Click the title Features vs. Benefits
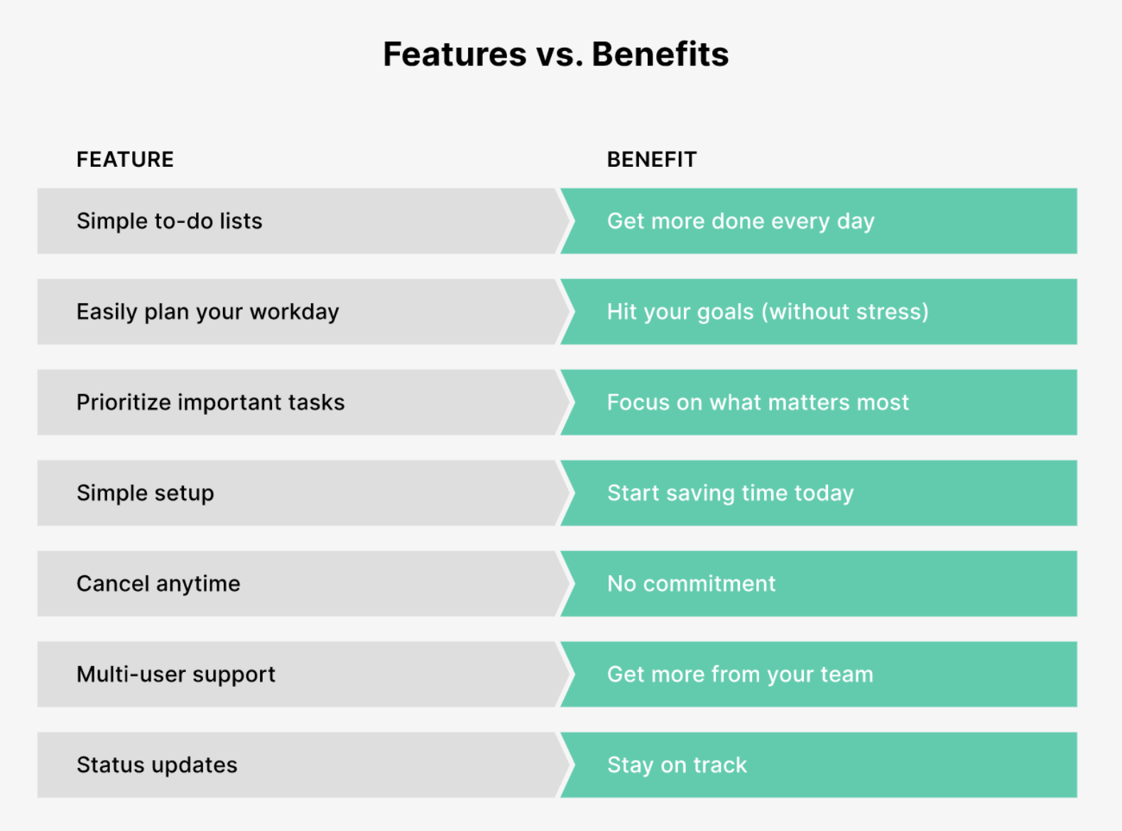555,54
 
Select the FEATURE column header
125,159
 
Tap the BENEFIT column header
652,159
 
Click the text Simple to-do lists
170,221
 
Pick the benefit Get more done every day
741,222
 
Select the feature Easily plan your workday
208,313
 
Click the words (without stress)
845,312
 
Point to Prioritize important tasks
210,402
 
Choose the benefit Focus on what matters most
758,402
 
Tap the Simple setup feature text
145,494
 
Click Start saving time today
731,494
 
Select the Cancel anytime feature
158,584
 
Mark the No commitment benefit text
691,584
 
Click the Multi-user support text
176,675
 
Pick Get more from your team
740,675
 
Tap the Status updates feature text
157,765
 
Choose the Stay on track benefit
677,765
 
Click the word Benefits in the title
660,54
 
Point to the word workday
295,313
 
